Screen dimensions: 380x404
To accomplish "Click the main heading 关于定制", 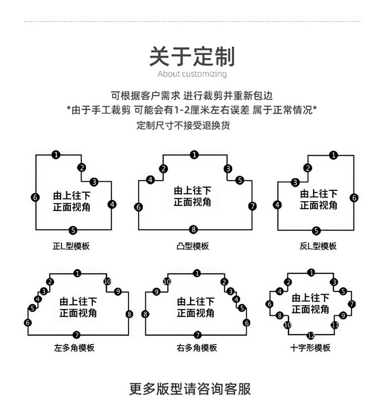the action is coord(192,57).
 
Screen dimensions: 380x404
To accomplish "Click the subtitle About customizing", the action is coord(192,74).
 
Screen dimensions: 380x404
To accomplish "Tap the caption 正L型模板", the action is coord(71,246).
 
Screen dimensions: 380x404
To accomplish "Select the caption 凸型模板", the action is coord(192,246).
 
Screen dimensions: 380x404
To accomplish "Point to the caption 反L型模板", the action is coord(318,246).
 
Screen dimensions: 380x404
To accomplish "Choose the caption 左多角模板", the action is coord(74,348).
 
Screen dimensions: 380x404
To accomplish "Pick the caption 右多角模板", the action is coord(197,348).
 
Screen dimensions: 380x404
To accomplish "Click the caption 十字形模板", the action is coord(310,348).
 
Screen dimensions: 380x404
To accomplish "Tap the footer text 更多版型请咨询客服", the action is coord(190,389).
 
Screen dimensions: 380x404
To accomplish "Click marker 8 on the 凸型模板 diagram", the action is coord(193,229).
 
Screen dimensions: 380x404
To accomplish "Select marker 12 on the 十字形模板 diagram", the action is coord(311,336).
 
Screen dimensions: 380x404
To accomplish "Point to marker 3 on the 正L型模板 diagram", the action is coord(94,182).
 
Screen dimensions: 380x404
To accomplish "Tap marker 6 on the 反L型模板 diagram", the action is coord(354,198).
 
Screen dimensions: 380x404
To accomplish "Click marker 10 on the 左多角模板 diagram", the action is coord(107,282).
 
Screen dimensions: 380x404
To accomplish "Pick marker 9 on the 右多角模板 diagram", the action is coord(156,292).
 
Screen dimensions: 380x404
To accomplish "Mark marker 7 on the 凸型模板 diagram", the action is coord(253,206).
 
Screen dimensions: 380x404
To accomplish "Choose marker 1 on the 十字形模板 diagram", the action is coord(311,272).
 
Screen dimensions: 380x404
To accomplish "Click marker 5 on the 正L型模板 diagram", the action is coord(73,230).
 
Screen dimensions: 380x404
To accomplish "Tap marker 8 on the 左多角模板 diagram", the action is coord(129,314).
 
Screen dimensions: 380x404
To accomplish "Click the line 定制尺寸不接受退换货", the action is coord(183,125).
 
